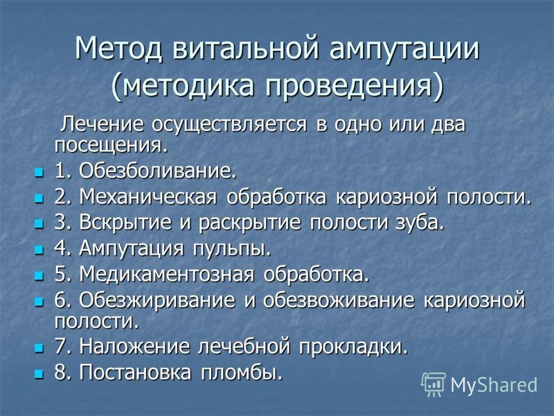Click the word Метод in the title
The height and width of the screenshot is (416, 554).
(118, 48)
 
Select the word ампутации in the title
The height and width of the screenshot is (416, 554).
(404, 49)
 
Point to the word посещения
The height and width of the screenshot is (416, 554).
(111, 146)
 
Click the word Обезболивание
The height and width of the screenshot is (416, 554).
(157, 171)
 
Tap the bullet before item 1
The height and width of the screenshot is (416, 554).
(39, 173)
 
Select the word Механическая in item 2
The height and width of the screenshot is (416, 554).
(148, 197)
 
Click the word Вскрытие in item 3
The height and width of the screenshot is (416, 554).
(125, 223)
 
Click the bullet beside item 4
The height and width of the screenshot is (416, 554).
(39, 250)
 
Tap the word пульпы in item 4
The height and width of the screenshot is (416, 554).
(232, 249)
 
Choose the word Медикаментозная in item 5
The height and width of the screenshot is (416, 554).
(166, 274)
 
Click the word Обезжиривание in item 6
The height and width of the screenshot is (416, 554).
(157, 300)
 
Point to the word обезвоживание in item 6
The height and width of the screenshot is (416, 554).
(338, 300)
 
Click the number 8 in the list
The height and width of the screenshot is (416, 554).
(60, 372)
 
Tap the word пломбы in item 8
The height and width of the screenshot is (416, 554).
(242, 373)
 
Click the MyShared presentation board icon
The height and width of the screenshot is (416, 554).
(434, 384)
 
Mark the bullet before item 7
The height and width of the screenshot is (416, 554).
(39, 349)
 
